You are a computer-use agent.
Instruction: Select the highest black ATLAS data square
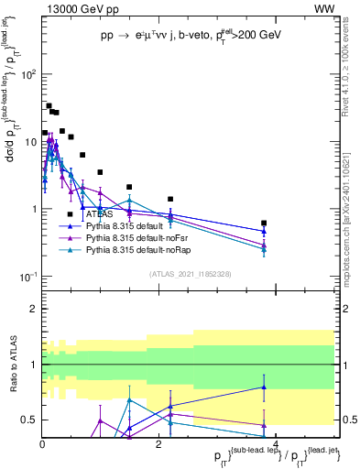point(49,105)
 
